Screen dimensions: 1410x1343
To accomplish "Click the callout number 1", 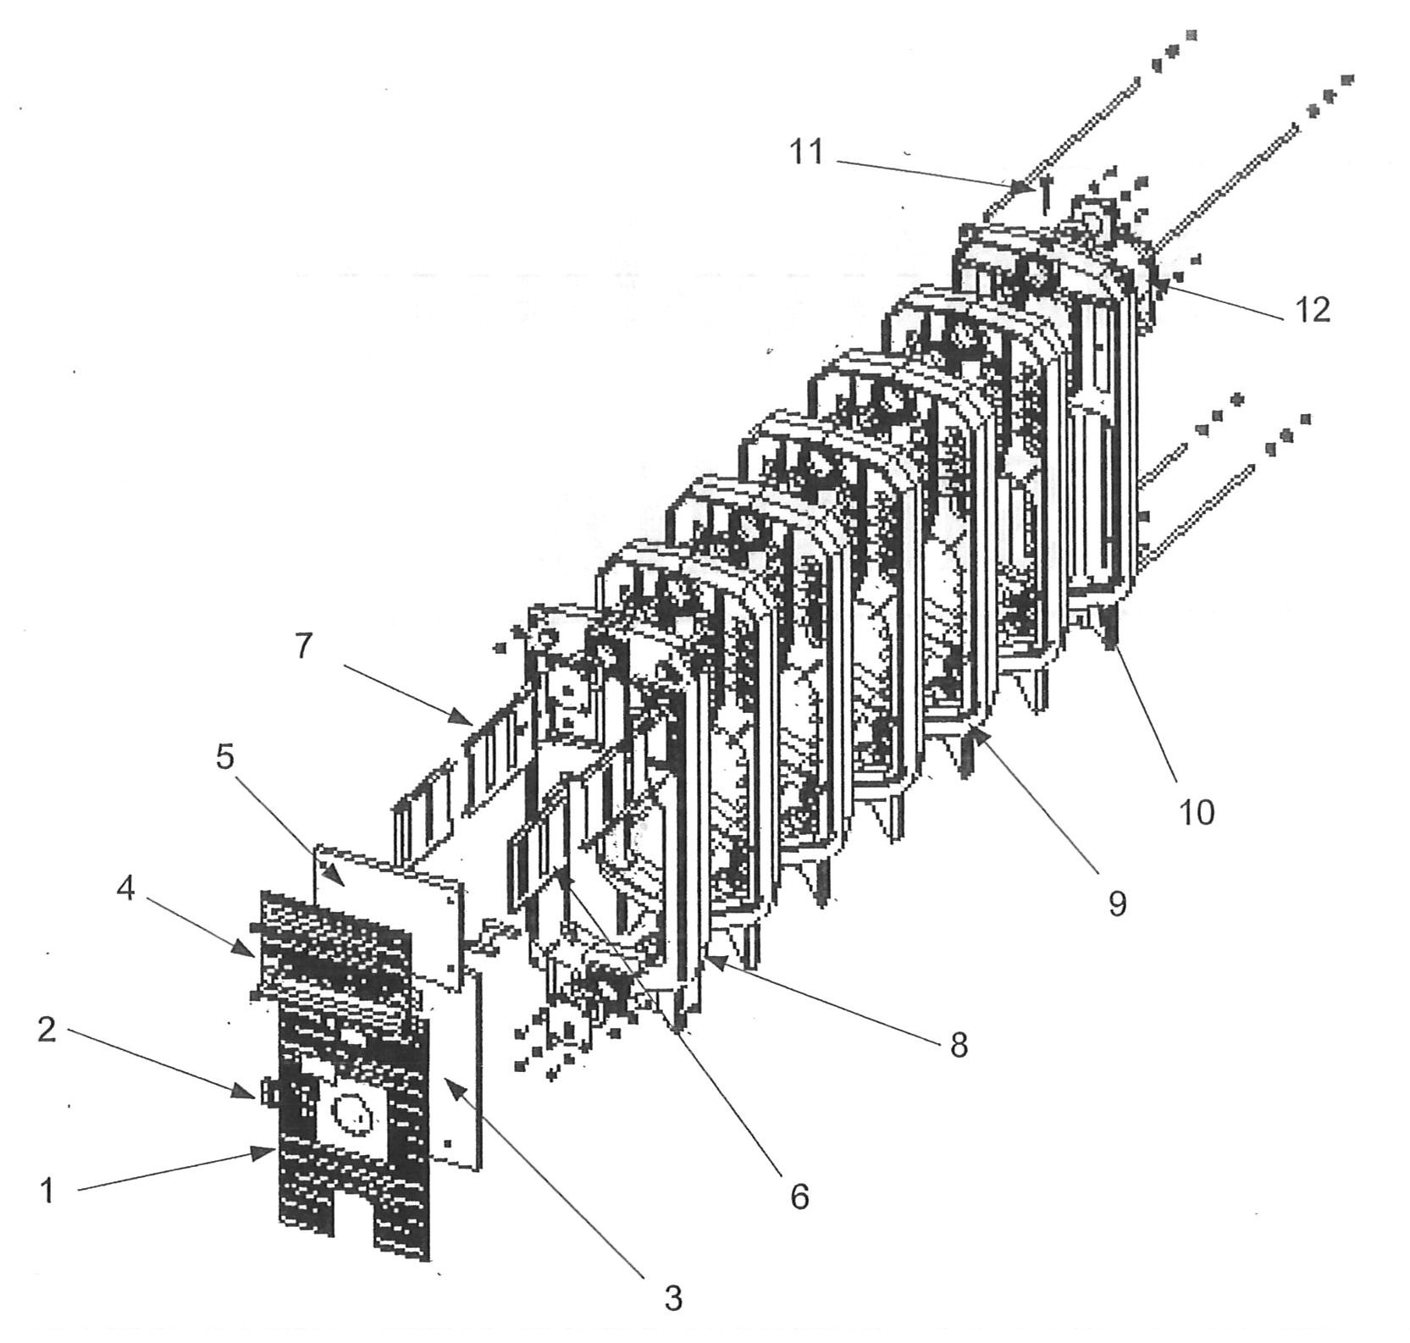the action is [x=48, y=1190].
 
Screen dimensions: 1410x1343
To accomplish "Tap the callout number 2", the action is [x=47, y=1029].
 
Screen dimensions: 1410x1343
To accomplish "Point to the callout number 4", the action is [x=126, y=888].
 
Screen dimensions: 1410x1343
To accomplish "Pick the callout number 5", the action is [x=224, y=756].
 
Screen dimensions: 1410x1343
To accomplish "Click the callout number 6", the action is [x=799, y=1197].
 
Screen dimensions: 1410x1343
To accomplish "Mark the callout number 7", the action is [x=304, y=646].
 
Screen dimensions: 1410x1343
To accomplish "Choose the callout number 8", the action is [x=959, y=1044].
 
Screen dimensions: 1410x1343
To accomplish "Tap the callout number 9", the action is [x=1118, y=904].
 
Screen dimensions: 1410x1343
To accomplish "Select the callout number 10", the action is [x=1197, y=812].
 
